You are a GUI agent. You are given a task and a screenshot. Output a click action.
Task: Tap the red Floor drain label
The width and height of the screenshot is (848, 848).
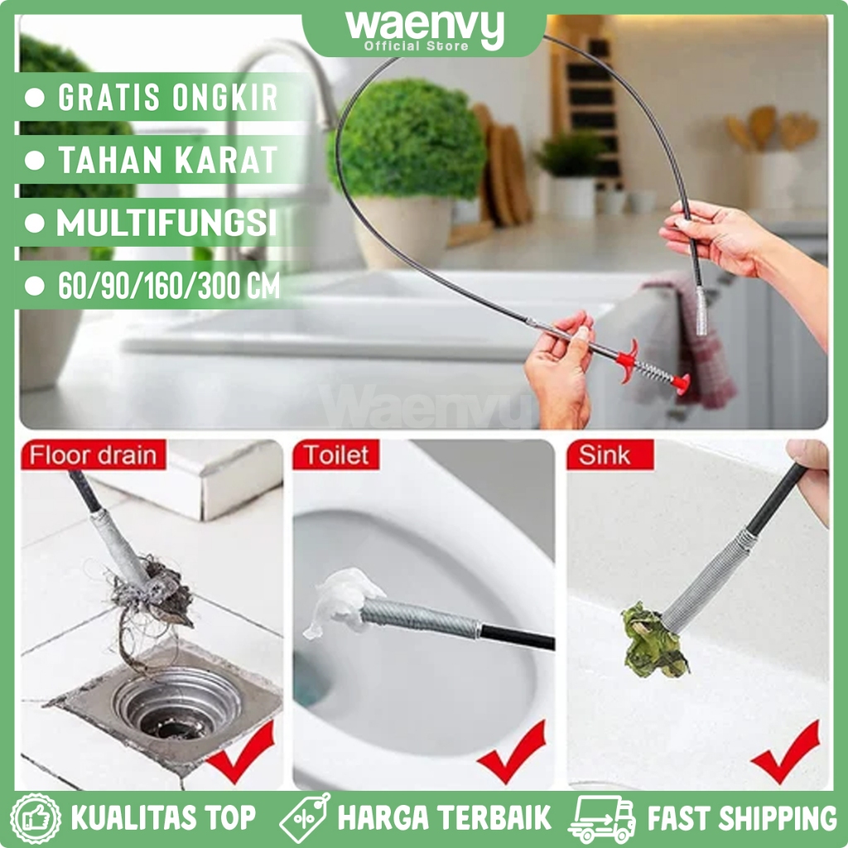[93, 455]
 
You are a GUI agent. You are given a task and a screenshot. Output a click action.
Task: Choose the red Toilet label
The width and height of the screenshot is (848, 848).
[336, 455]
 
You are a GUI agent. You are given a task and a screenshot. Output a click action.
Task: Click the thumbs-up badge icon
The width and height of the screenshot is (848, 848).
[36, 817]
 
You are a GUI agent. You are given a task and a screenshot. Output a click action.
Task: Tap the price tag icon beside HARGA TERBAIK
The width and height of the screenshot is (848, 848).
[305, 817]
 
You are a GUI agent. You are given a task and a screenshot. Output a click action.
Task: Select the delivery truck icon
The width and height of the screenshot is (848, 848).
[601, 817]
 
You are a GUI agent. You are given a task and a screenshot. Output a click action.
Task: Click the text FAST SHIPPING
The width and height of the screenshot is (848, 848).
[742, 818]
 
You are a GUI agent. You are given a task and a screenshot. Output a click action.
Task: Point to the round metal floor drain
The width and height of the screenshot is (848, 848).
[176, 705]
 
